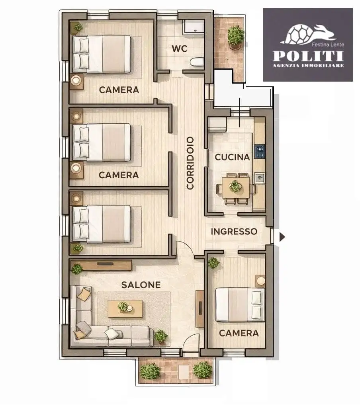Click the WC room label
tap(179, 49)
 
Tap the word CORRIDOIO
tap(190, 163)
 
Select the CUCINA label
tap(232, 157)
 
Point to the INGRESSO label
tap(234, 232)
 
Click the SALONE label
tap(141, 285)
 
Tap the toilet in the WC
tap(197, 62)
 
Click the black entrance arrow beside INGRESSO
tap(282, 237)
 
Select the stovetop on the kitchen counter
tap(260, 152)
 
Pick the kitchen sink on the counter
tap(260, 178)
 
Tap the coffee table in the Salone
tap(125, 308)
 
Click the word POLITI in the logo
tap(308, 56)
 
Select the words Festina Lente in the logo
tap(328, 45)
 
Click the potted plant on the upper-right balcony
tap(236, 37)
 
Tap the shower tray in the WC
tap(194, 27)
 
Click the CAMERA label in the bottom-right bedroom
tap(239, 333)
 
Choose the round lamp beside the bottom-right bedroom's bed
tap(261, 281)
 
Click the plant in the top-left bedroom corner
tap(78, 27)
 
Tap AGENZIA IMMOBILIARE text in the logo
tap(308, 66)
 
